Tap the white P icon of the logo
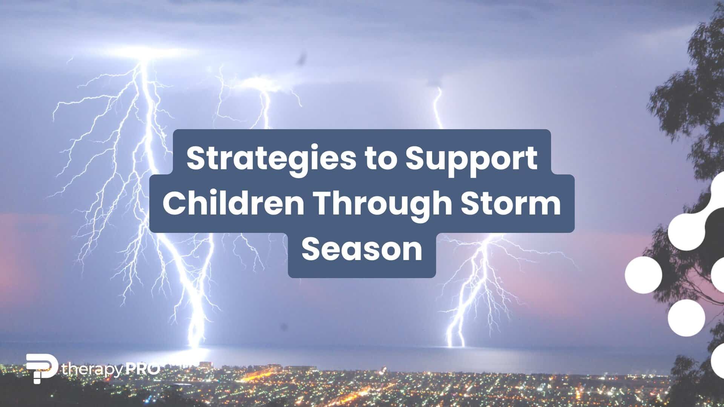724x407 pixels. (41, 368)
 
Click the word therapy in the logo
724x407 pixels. (92, 370)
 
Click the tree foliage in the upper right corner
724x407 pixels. (701, 57)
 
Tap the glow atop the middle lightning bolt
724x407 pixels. (260, 81)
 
